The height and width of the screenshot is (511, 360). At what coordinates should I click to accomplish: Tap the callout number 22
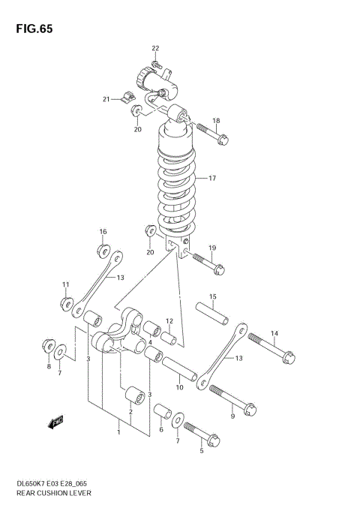click(155, 49)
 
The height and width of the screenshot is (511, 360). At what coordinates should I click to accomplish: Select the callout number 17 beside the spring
click(212, 179)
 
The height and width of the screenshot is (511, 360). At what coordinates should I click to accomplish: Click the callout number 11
click(65, 284)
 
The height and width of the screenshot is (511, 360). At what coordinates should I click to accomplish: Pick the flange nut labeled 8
click(49, 350)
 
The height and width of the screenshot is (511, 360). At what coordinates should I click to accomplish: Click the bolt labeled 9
click(235, 398)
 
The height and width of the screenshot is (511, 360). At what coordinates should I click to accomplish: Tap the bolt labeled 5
click(199, 433)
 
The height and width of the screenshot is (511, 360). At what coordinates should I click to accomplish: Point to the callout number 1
click(118, 431)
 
